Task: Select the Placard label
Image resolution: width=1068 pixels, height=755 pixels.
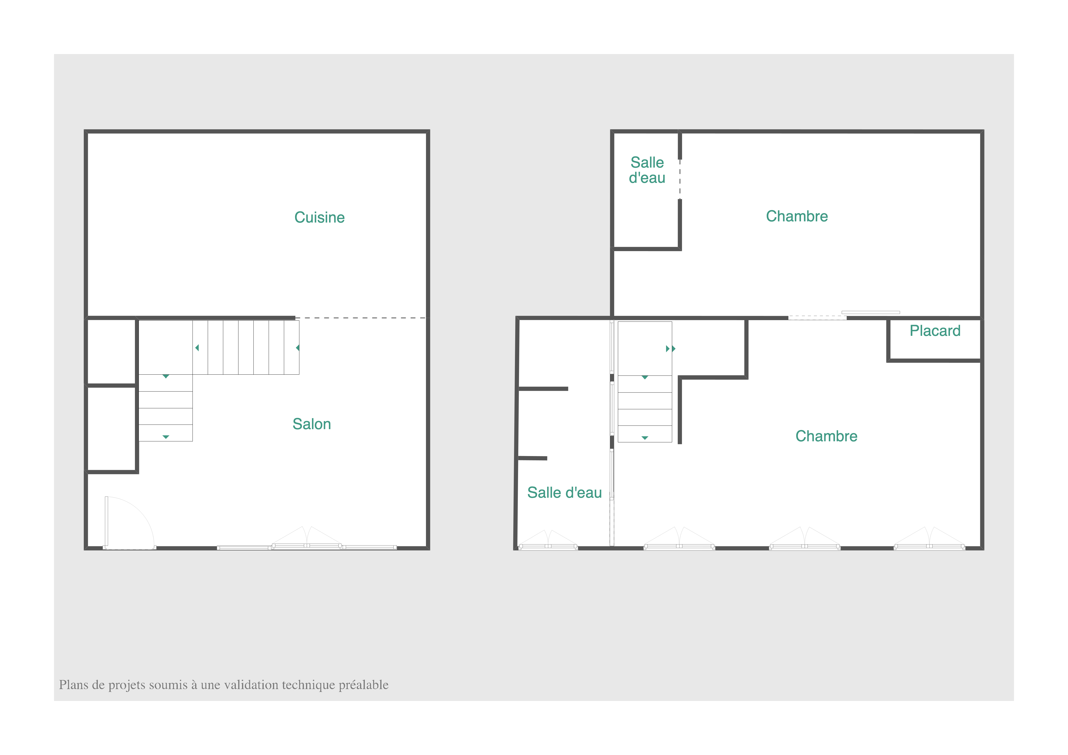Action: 935,331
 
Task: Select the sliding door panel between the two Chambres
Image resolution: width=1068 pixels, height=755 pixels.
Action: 870,312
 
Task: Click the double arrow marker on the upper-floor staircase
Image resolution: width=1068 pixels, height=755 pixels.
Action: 670,348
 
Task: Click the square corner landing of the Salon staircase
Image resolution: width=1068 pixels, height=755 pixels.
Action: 166,348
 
